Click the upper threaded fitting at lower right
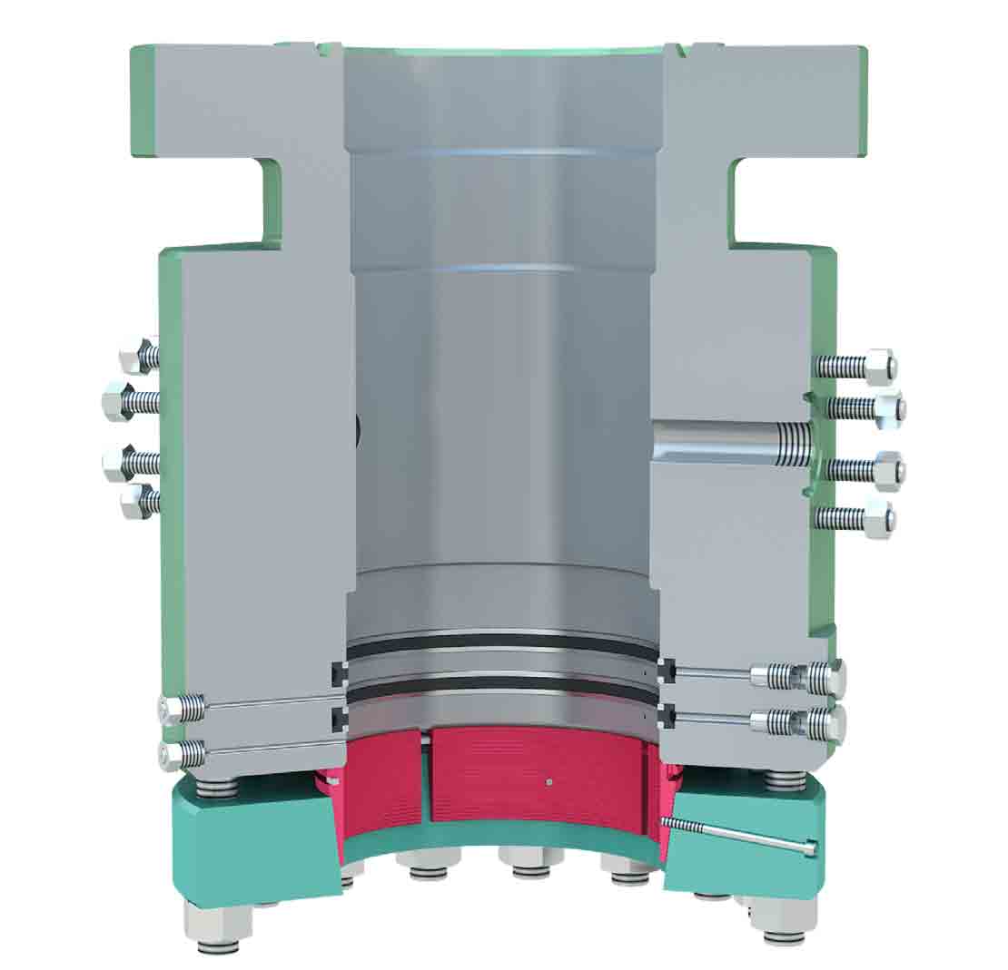pyautogui.click(x=799, y=676)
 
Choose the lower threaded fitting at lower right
pyautogui.click(x=799, y=722)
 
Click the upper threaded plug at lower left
pyautogui.click(x=182, y=707)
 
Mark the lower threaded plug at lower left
pyautogui.click(x=182, y=752)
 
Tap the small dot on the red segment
pyautogui.click(x=548, y=779)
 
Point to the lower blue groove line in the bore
pyautogui.click(x=499, y=269)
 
